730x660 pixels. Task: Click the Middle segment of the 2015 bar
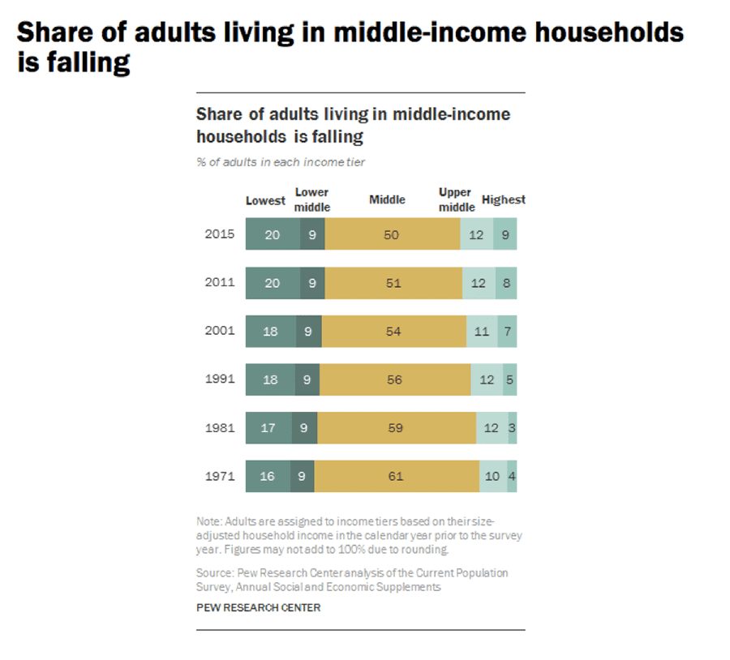[393, 234]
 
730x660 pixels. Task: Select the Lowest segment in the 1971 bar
[267, 477]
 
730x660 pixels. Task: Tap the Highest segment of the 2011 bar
[506, 283]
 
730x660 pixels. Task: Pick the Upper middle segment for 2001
[482, 332]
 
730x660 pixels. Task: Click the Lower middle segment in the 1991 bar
[307, 379]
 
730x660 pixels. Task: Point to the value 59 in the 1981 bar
[395, 428]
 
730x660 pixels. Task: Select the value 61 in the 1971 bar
[395, 477]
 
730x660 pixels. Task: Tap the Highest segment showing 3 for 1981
[513, 428]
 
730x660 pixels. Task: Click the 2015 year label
[220, 234]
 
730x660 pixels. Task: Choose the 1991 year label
[220, 379]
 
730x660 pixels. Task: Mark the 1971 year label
[220, 477]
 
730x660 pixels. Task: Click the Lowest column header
[265, 200]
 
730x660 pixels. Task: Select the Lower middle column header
[311, 199]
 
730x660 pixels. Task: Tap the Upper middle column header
[456, 199]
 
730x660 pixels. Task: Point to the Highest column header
[503, 199]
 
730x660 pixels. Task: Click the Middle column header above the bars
[387, 200]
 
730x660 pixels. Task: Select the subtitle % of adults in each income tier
[281, 162]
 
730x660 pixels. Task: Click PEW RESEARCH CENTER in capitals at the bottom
[258, 607]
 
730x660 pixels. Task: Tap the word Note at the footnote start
[208, 521]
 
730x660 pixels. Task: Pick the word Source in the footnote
[213, 572]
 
